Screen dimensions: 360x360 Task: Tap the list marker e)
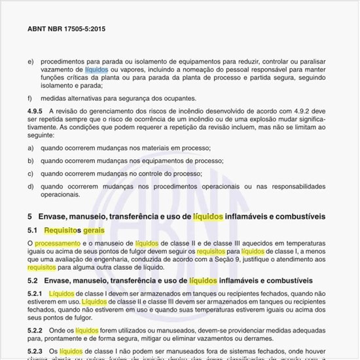point(30,61)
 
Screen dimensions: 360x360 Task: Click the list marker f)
point(30,98)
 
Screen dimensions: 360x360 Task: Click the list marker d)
point(30,186)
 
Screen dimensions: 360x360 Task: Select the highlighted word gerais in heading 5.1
point(94,230)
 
